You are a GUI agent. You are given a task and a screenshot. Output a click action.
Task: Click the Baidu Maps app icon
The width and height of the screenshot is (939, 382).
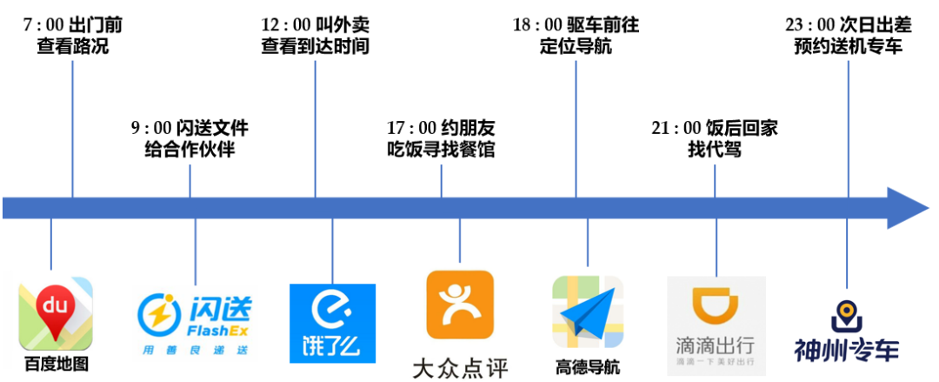tap(56, 312)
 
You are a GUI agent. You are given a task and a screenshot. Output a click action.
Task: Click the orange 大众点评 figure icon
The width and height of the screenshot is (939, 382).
tap(460, 305)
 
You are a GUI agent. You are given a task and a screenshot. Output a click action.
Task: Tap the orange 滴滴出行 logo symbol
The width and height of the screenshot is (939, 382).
tap(716, 306)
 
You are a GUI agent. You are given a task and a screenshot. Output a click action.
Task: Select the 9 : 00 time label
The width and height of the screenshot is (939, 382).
tap(150, 128)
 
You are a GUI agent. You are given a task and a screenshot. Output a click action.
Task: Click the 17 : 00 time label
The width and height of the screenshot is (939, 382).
tap(407, 127)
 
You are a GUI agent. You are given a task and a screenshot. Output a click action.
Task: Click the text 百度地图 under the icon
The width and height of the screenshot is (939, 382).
tap(56, 363)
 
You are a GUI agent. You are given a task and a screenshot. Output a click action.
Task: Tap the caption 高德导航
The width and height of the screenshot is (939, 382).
tap(588, 366)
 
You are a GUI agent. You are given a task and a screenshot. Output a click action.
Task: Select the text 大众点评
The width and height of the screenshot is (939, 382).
tap(459, 365)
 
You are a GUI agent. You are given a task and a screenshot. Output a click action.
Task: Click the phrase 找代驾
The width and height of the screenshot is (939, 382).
tap(714, 149)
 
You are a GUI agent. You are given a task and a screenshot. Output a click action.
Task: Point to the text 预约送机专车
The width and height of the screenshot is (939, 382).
tap(848, 46)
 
